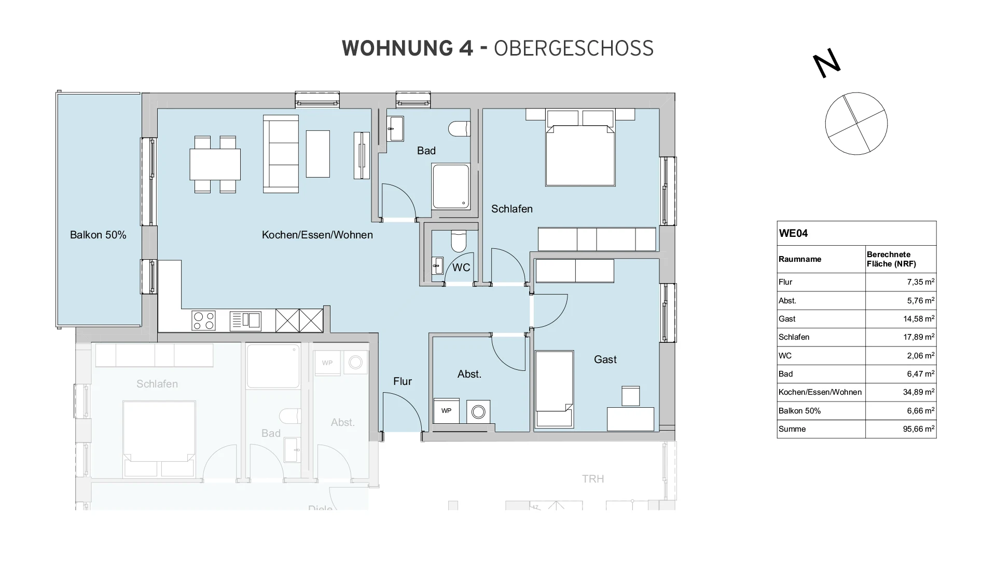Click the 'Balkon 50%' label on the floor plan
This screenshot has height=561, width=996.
[98, 235]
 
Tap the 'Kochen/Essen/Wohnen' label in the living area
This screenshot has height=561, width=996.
[317, 235]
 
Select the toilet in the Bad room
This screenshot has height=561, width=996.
[460, 128]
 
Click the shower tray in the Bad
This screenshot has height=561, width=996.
[451, 186]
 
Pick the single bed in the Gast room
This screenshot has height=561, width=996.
[554, 389]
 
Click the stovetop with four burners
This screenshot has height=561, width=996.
[203, 320]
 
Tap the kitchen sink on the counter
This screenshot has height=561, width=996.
[245, 320]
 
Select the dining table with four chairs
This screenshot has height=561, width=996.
[215, 164]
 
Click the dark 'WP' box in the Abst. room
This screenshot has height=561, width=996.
[446, 411]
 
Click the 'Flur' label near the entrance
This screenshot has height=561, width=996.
[403, 381]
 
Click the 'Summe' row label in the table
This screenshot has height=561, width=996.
[792, 429]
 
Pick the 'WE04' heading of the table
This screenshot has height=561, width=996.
[793, 233]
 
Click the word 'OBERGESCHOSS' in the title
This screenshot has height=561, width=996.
[573, 48]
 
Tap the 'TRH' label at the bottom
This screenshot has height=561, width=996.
[593, 479]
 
